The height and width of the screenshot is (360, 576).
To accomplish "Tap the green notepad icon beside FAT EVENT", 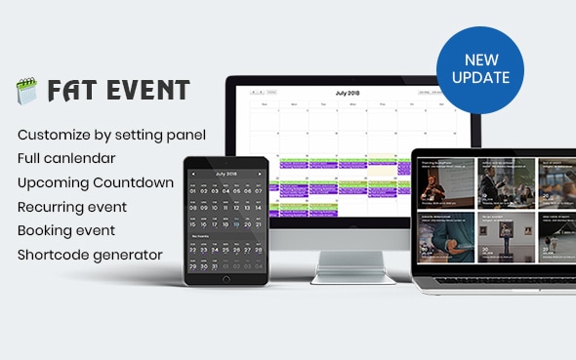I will coord(25,92).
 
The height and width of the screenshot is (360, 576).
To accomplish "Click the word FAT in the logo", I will coord(69,92).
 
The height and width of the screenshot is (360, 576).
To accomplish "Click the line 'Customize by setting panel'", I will coord(111,134).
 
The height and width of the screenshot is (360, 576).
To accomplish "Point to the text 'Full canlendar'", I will coord(66,157).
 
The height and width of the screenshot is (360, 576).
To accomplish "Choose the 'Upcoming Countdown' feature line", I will coord(96,182).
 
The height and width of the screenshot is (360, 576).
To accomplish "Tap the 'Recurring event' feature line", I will coord(72,207).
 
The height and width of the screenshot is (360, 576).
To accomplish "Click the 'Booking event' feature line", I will coord(66,230).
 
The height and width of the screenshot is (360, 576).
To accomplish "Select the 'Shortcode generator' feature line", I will coord(90,255).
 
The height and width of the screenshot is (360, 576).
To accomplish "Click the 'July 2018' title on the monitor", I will coord(347,94).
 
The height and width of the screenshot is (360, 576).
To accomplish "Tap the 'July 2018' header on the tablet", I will coord(226,174).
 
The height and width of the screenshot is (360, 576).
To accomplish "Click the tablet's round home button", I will coord(226,279).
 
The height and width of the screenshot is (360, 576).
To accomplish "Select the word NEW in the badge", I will coord(479,60).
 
